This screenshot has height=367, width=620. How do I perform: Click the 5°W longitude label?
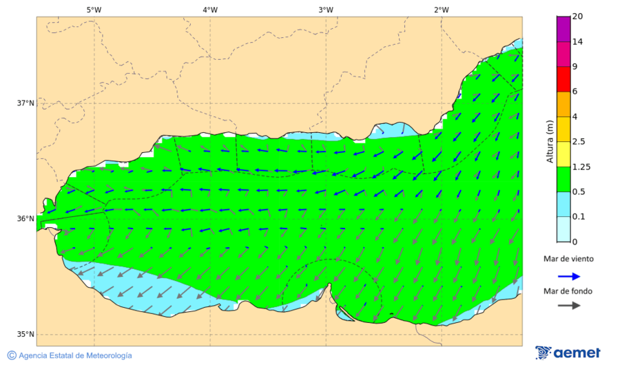coord(94,10)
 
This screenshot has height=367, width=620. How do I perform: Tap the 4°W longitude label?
coord(210,10)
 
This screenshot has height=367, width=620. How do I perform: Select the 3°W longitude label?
coord(326,10)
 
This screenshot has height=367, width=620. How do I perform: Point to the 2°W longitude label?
coord(442,10)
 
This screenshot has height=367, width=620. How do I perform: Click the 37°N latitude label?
coord(25,103)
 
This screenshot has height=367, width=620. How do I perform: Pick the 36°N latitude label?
coord(25,219)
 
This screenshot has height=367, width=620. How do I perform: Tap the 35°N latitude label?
coord(25,335)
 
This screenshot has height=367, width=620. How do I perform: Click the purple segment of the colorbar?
coord(564,29)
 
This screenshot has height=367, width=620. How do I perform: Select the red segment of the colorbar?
coord(564,78)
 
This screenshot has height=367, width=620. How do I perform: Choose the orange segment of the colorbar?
coord(564,104)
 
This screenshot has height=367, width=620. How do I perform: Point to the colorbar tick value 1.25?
coord(582,167)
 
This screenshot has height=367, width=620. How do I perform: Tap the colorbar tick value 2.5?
coord(579,142)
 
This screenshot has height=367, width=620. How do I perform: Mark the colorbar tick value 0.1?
coord(579,216)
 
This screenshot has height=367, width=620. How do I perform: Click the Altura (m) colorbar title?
coord(550,141)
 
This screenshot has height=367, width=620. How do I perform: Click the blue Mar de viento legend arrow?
coord(568,275)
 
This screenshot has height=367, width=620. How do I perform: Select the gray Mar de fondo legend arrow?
coord(568,306)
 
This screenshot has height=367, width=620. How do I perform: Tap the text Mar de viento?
coord(568,259)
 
